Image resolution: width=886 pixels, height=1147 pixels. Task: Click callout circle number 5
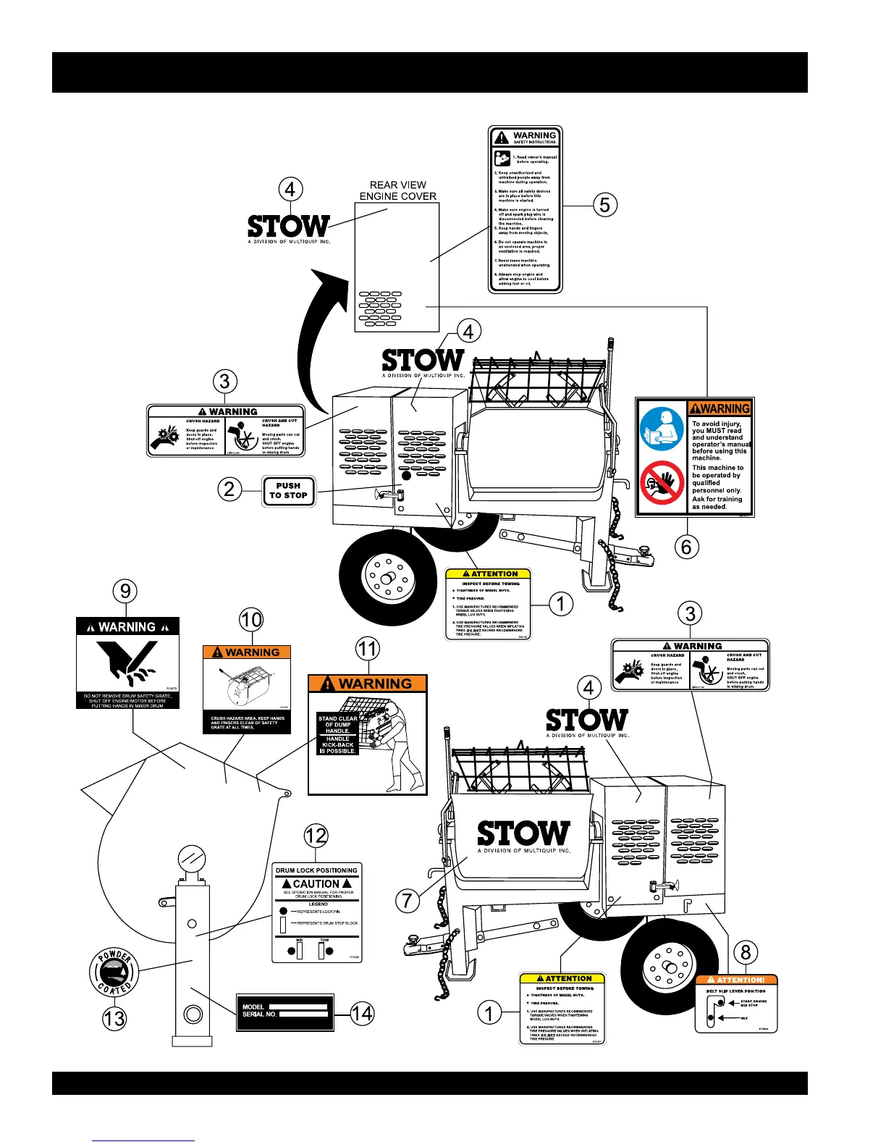[x=605, y=205]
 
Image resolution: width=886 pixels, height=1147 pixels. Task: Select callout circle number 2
[x=229, y=489]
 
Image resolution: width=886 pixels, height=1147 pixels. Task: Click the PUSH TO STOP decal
[x=288, y=491]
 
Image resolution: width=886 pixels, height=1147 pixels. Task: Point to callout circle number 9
[x=125, y=592]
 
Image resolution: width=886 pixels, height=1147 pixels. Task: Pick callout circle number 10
[x=251, y=620]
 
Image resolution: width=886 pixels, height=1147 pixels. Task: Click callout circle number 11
[x=368, y=649]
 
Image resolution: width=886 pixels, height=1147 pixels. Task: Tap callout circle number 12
[x=316, y=836]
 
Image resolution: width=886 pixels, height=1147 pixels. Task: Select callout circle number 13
[x=114, y=1018]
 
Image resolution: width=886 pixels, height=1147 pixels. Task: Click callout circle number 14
[x=362, y=1013]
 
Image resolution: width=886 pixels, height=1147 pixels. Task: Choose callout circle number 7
[x=408, y=900]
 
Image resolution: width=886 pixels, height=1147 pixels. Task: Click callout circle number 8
[x=746, y=951]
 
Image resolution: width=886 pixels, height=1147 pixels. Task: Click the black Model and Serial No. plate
[x=285, y=1012]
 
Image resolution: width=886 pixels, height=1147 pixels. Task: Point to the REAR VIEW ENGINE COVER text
[x=397, y=190]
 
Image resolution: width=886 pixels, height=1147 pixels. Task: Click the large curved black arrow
[x=318, y=340]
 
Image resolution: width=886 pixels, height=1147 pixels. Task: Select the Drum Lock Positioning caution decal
[x=317, y=913]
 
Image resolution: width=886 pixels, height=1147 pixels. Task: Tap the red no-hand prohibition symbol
[x=662, y=482]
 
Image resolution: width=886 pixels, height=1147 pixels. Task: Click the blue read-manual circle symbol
[x=662, y=429]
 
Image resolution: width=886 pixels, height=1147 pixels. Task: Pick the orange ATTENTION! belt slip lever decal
[x=735, y=1004]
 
